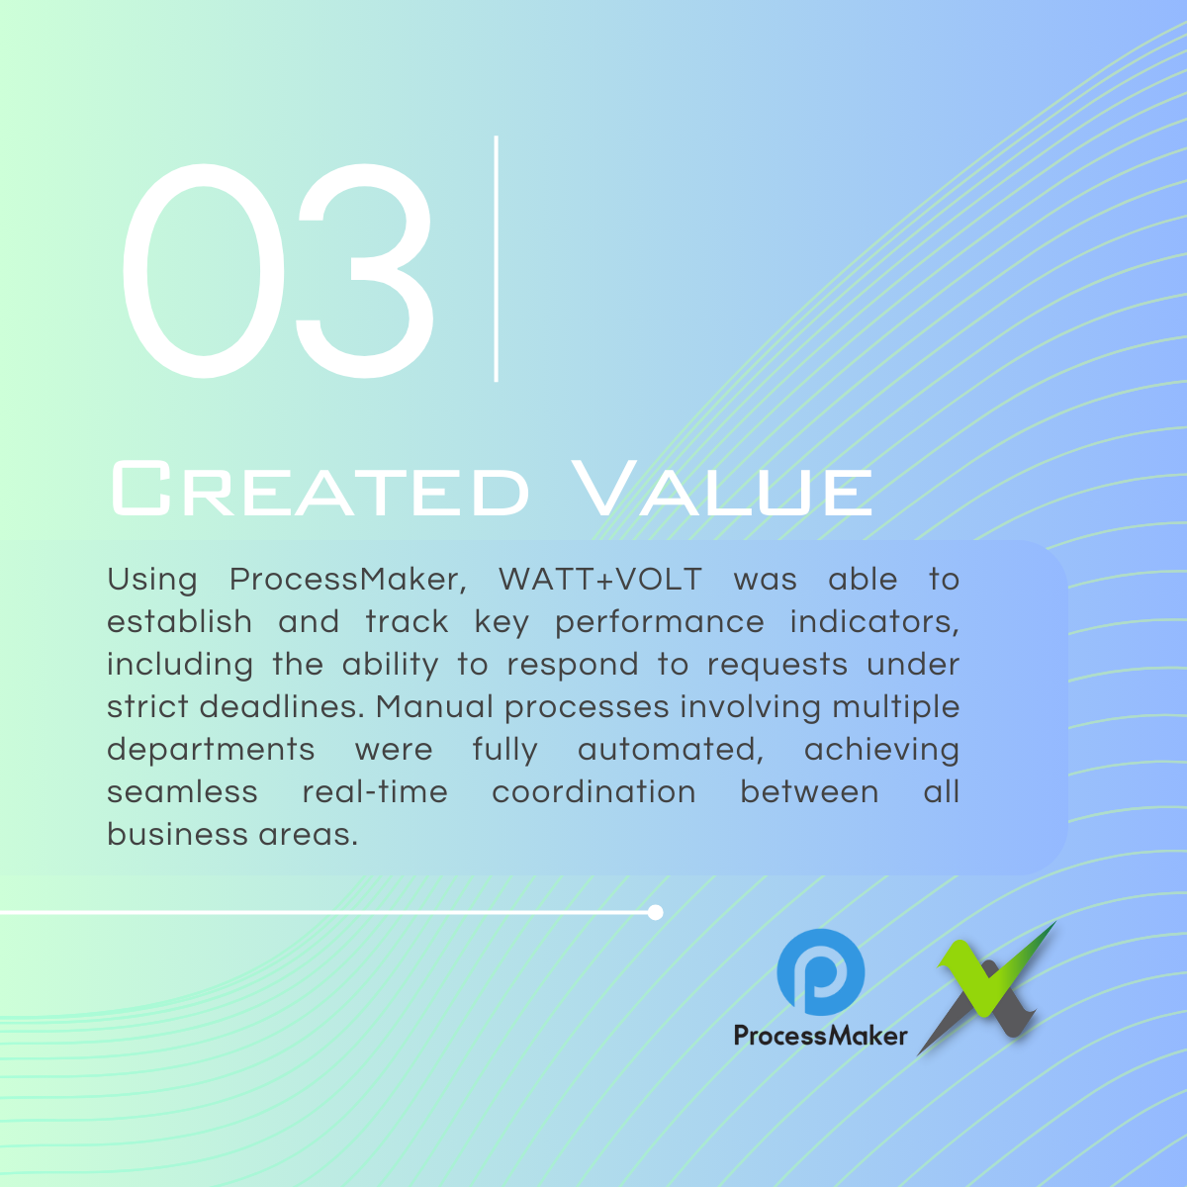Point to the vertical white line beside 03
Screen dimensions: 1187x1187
[496, 259]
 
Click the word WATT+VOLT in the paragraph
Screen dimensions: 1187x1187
[600, 579]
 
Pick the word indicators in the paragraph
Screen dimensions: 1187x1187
[874, 622]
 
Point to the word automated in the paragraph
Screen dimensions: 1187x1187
[671, 750]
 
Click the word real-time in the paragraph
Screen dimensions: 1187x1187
[375, 791]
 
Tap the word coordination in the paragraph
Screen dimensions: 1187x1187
[593, 791]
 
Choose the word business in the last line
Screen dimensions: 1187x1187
[177, 834]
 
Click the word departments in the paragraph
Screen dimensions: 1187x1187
[211, 750]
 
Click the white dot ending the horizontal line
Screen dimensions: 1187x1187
[656, 912]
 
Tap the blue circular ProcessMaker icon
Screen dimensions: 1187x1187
[821, 972]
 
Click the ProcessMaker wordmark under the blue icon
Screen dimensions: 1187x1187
[820, 1036]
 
